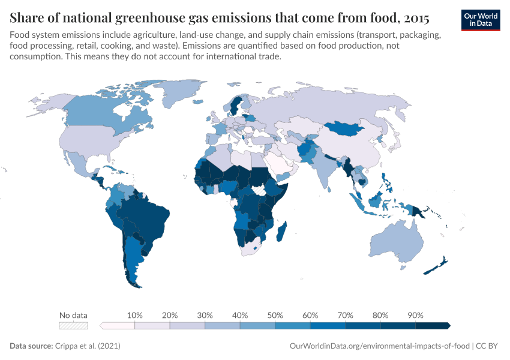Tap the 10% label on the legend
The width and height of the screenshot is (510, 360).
134,315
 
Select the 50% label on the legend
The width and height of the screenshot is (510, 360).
275,315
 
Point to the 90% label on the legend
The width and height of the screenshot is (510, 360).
415,315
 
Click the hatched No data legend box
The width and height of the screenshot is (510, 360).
73,325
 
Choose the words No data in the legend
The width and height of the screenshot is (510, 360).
73,315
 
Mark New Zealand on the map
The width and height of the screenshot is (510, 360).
437,266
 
